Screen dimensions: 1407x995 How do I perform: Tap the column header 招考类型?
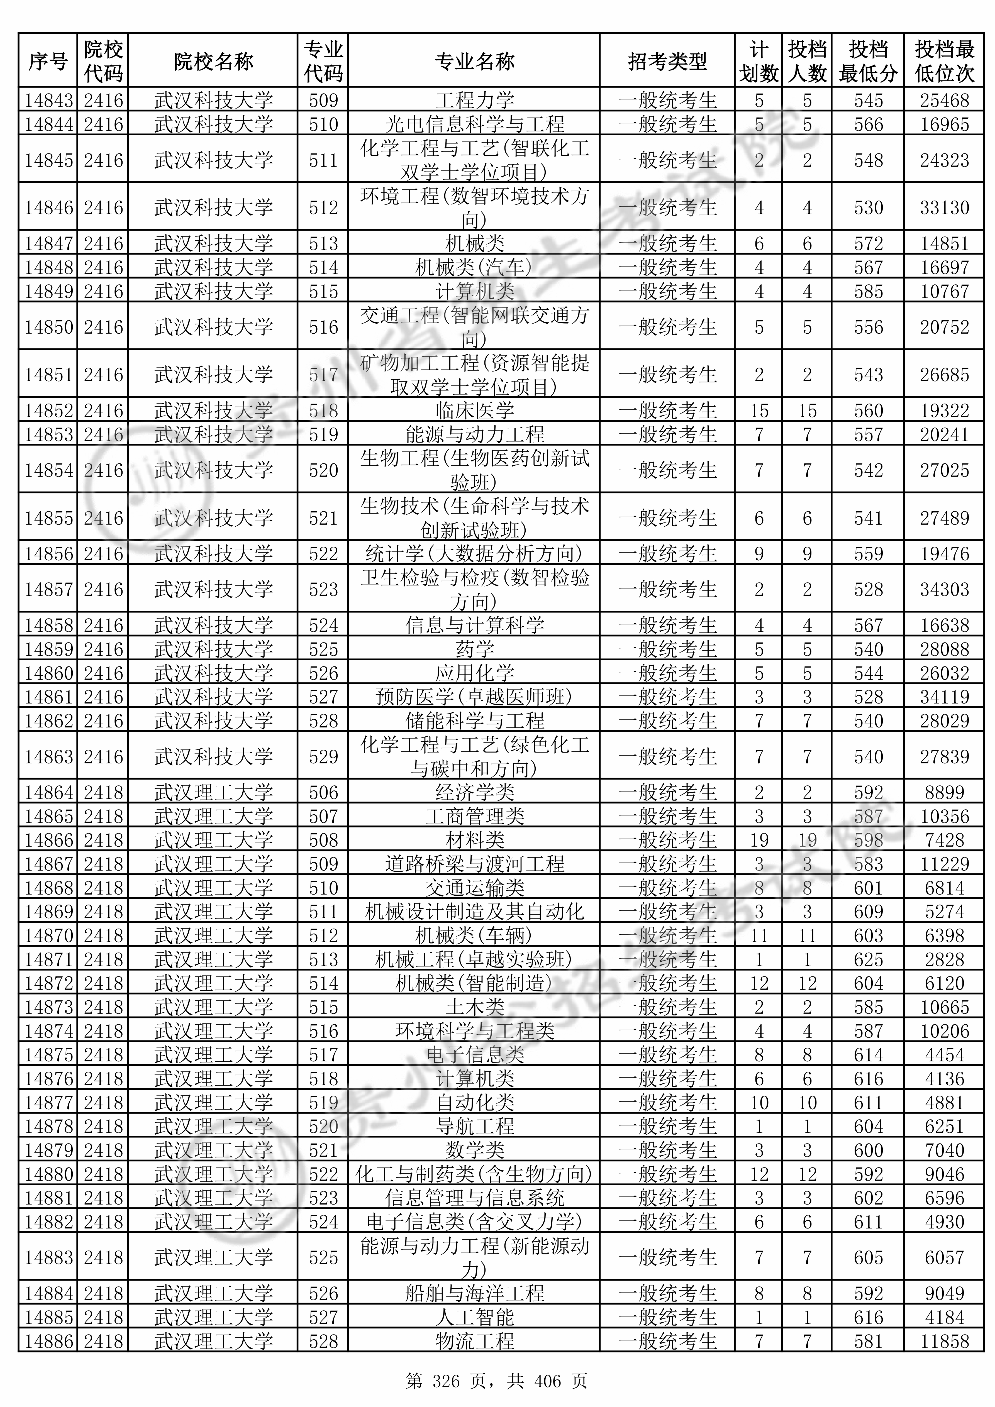(x=667, y=61)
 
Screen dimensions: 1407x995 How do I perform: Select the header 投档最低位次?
(x=944, y=61)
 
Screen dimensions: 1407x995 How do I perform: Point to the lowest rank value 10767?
(x=944, y=291)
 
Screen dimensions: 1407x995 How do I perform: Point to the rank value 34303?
(x=944, y=590)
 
